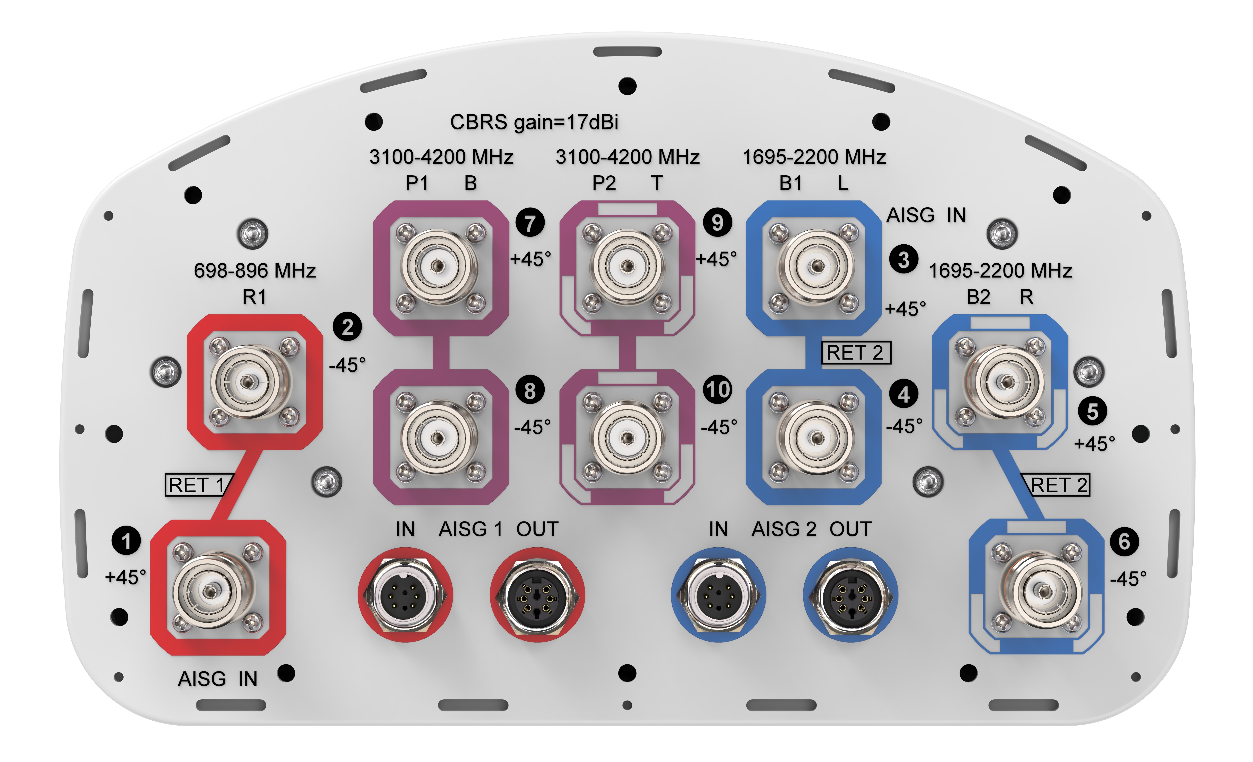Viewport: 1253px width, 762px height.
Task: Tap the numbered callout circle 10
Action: point(717,390)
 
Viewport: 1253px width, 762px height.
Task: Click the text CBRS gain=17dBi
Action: point(534,122)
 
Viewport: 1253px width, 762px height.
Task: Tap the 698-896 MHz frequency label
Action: point(255,270)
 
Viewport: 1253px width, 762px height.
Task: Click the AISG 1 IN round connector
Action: point(405,595)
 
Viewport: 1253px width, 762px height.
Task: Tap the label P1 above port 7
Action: point(416,183)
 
